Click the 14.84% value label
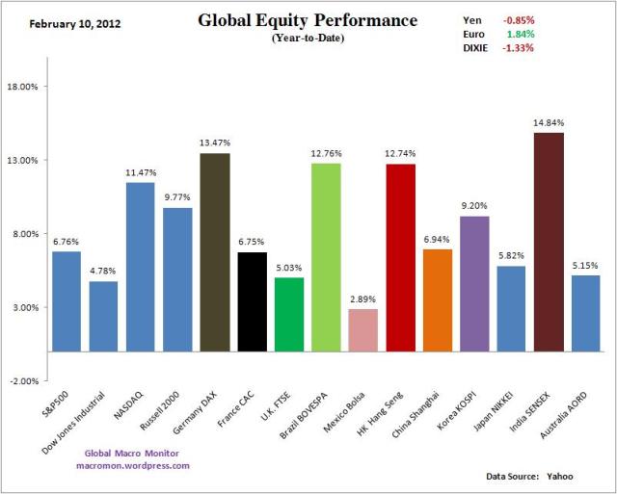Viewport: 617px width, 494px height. click(549, 123)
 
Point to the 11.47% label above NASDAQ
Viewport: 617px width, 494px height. click(140, 173)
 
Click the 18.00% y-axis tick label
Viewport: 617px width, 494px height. click(22, 87)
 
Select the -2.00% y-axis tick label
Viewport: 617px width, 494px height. click(22, 381)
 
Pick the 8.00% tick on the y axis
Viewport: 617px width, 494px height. click(22, 234)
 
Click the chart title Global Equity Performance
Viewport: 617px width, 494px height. click(308, 20)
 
